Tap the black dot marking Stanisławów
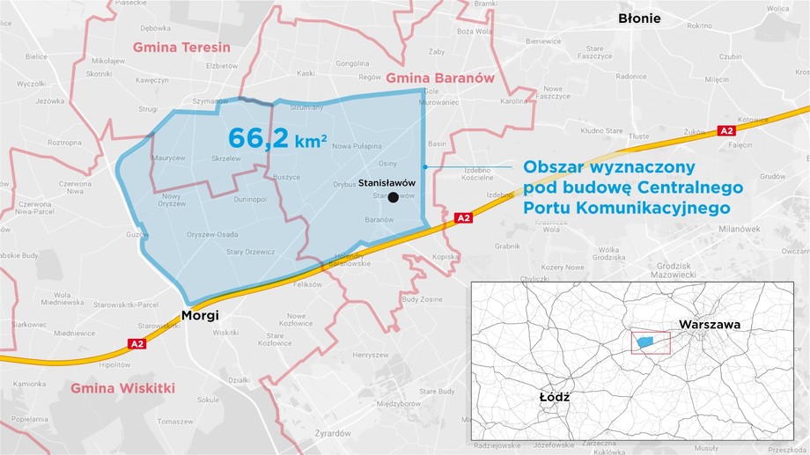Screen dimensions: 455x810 (x=393, y=198)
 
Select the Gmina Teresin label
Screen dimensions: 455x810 (x=181, y=47)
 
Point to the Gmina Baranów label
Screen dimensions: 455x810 (x=440, y=77)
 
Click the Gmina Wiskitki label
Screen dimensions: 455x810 (x=122, y=388)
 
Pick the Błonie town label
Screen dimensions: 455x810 (x=639, y=18)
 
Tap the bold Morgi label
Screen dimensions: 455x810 (x=200, y=314)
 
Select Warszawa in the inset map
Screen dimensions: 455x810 (x=709, y=325)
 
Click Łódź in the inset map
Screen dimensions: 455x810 (x=555, y=397)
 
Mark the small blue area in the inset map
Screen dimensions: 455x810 (x=646, y=341)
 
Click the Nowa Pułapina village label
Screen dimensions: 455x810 (x=355, y=147)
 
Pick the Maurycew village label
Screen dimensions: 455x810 (x=168, y=158)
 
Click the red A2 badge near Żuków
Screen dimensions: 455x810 (x=726, y=130)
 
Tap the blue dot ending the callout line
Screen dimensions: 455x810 (x=424, y=166)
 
